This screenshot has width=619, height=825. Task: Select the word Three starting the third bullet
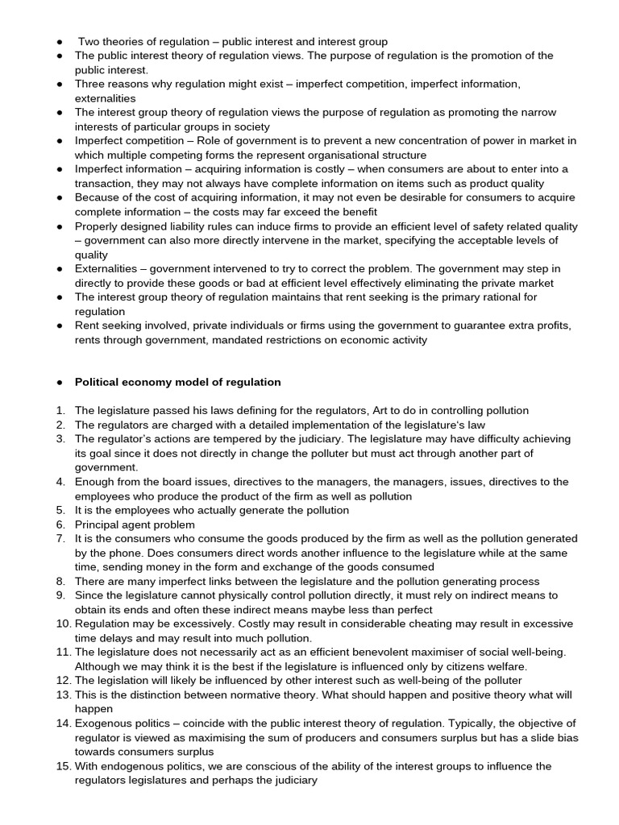coord(92,84)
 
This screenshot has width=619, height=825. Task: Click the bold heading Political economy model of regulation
coord(178,382)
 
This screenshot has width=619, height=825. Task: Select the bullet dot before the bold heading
coord(60,382)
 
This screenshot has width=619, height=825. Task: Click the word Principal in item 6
coord(98,524)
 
